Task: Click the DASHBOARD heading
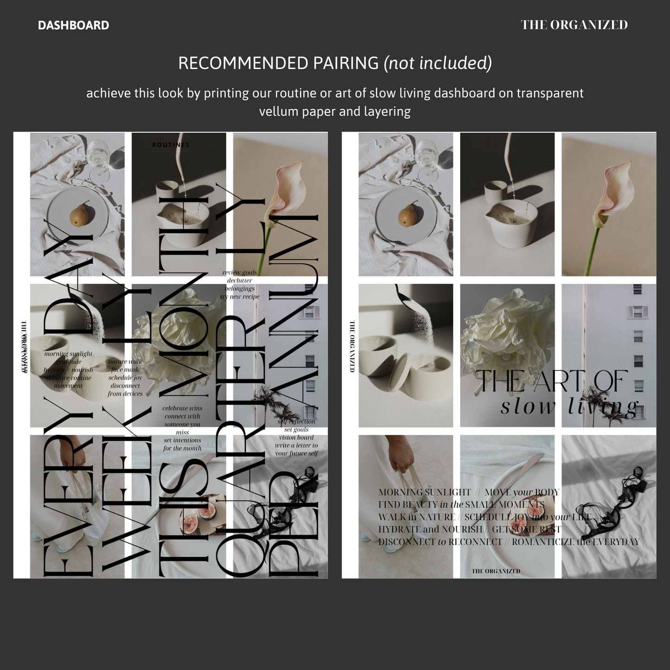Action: click(73, 26)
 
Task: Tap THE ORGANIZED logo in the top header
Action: click(574, 25)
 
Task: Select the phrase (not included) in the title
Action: click(438, 63)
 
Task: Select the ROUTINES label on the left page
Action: click(171, 145)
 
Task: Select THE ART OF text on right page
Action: click(552, 381)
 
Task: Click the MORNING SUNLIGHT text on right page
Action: click(424, 492)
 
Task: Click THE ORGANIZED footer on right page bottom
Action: click(496, 571)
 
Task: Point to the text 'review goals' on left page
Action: click(239, 273)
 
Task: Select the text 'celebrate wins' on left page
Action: click(182, 408)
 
